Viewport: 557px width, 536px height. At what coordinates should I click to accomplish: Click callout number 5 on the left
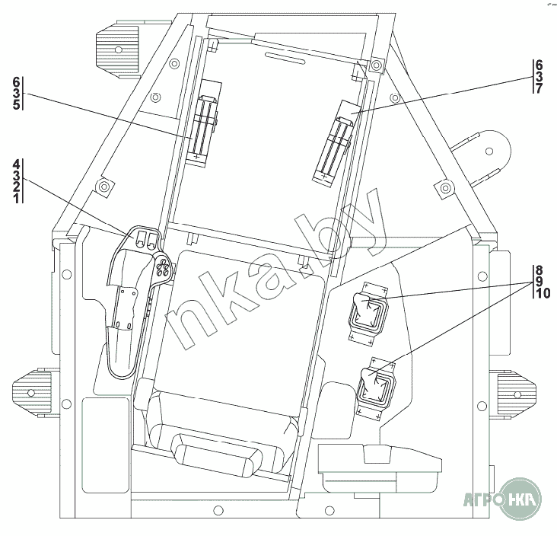[16, 105]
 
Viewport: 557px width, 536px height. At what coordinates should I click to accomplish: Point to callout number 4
[16, 164]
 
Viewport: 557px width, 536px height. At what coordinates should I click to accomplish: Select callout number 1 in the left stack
[16, 198]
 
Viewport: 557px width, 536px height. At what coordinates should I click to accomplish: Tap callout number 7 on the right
[539, 88]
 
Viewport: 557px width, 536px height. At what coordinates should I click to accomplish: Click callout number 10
[543, 293]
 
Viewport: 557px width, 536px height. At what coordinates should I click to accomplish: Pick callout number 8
[539, 270]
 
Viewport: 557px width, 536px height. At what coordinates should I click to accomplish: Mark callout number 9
[539, 282]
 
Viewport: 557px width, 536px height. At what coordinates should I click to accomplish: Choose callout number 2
[16, 187]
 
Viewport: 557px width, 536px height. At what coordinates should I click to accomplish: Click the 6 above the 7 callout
[539, 65]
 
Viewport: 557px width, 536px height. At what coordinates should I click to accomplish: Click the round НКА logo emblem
[520, 499]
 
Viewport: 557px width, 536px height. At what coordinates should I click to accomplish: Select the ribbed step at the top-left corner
[116, 49]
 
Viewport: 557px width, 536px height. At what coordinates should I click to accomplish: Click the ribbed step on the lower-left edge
[31, 392]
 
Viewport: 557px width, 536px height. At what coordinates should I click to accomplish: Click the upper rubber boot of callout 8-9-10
[368, 311]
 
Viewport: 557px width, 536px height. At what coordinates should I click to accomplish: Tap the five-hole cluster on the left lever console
[163, 266]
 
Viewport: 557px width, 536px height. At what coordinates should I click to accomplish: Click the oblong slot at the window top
[286, 58]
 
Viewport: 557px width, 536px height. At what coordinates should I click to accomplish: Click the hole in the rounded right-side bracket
[489, 151]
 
